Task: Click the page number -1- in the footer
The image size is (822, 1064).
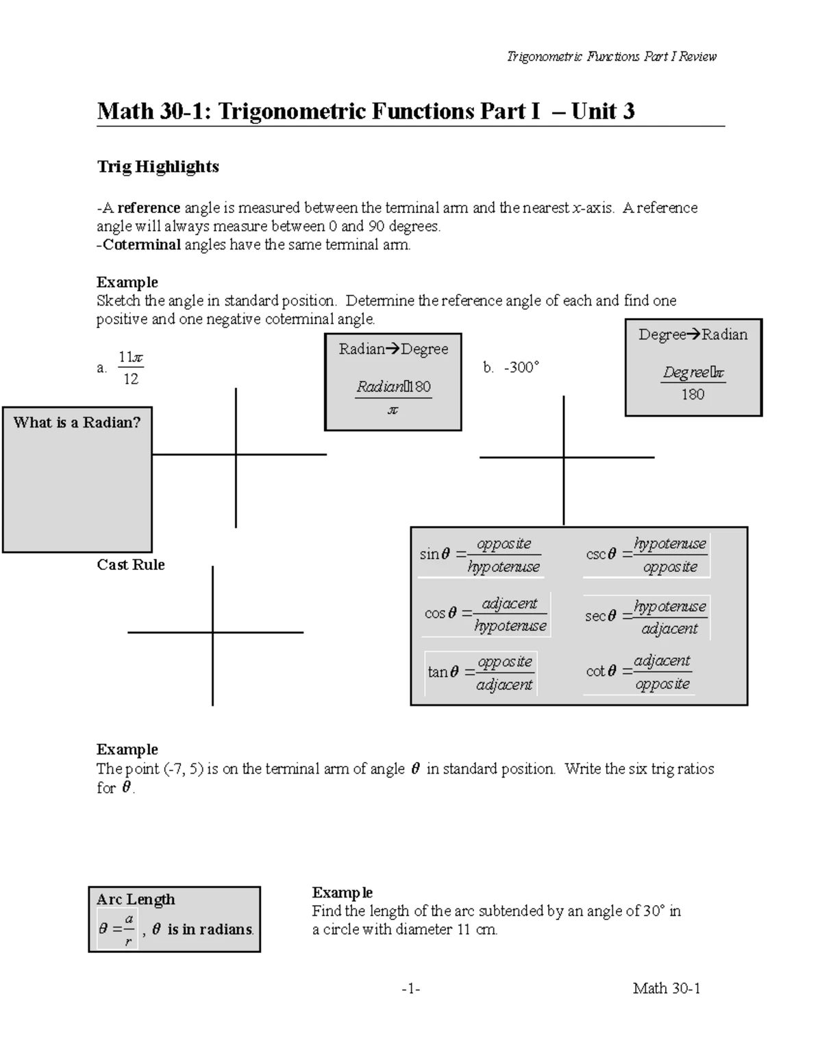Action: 411,989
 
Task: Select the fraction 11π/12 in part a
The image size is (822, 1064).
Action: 130,368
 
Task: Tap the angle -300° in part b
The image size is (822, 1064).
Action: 521,367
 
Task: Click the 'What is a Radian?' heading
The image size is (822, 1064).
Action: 77,423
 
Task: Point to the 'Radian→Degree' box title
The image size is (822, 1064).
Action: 393,349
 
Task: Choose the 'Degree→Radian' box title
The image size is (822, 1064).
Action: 693,334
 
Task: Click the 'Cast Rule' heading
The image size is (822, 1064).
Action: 131,565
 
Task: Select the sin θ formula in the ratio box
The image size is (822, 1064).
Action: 480,555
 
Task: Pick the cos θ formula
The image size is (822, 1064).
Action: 486,615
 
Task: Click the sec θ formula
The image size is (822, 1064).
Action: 646,617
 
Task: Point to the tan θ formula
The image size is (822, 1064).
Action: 480,673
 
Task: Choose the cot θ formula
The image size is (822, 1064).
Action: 638,672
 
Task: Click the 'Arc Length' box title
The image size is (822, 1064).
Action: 136,900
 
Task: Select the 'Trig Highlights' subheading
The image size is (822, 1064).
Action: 158,166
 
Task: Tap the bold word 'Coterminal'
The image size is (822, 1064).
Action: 142,245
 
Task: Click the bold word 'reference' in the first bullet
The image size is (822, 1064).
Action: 149,208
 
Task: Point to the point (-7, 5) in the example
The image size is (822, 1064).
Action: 184,769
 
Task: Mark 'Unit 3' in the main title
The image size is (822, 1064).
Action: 603,111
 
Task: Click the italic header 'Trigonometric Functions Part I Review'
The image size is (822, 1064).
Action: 611,57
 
